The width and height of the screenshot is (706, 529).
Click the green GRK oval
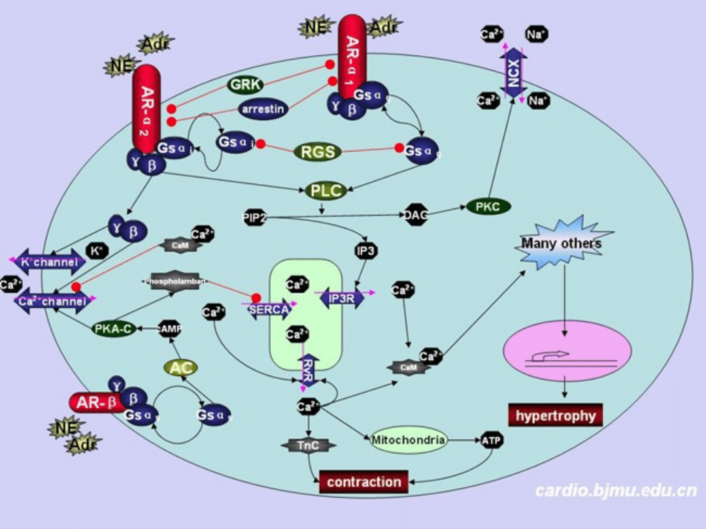[x=246, y=84]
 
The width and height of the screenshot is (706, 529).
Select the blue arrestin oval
[x=263, y=109]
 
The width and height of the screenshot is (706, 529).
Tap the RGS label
[x=318, y=152]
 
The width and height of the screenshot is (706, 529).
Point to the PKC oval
[x=488, y=207]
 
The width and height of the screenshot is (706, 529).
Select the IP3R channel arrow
[x=342, y=298]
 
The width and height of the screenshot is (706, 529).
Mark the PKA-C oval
[x=114, y=329]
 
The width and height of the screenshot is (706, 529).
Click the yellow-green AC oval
[x=180, y=368]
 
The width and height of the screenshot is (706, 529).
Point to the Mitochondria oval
[x=409, y=440]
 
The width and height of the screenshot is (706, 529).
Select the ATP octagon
[x=492, y=441]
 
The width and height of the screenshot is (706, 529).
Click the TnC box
[x=309, y=445]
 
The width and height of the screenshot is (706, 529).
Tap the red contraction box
[x=363, y=482]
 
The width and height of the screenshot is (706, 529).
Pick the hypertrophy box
[x=556, y=415]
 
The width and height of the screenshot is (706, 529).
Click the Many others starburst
[x=562, y=245]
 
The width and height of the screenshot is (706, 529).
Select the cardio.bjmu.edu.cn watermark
[x=615, y=490]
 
